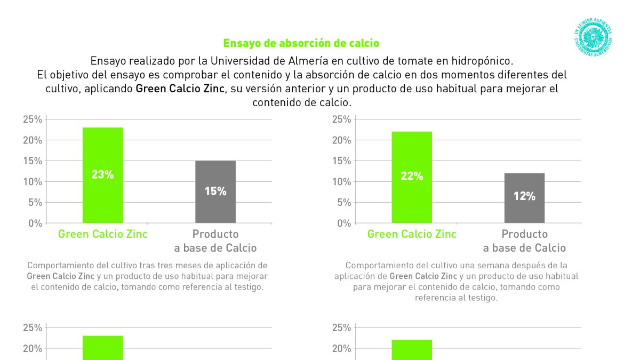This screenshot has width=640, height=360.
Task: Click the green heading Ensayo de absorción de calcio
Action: click(301, 43)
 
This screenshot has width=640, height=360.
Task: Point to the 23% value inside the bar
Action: click(102, 174)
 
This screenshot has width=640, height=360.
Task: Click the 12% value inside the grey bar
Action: click(524, 196)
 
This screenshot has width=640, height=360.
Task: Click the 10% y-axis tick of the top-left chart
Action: click(33, 182)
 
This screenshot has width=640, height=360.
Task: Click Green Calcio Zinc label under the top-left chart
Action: click(102, 234)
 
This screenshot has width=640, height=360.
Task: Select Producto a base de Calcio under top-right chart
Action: click(524, 241)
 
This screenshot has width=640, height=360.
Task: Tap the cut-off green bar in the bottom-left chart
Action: click(102, 348)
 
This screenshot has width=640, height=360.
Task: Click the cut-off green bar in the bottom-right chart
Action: click(412, 350)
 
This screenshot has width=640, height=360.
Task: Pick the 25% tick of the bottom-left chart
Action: click(33, 328)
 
